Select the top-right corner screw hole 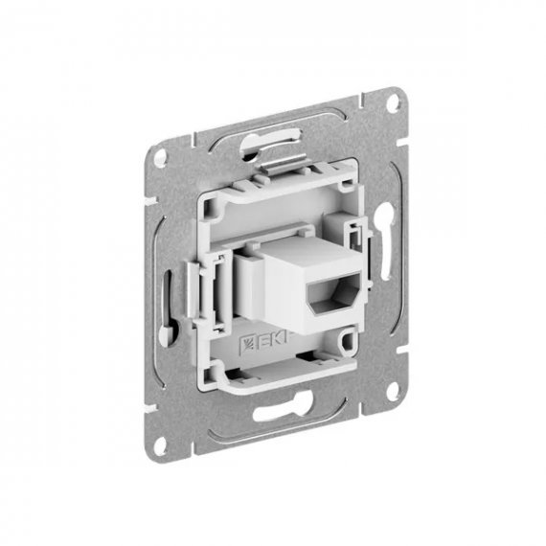point(393,102)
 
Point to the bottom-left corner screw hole point(161,444)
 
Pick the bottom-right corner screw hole point(393,389)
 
